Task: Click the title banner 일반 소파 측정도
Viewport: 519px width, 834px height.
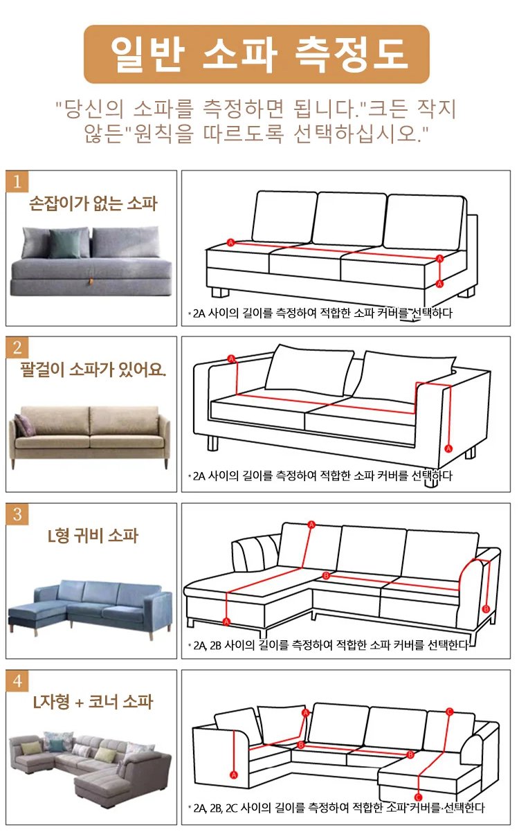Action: [x=257, y=55]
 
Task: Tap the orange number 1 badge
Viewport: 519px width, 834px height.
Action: [x=17, y=182]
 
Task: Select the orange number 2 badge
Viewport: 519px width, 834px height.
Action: [x=17, y=347]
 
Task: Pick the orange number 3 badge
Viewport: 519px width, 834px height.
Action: [x=17, y=514]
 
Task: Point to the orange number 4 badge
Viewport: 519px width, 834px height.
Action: [x=17, y=681]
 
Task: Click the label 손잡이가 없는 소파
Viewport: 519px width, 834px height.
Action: [x=93, y=203]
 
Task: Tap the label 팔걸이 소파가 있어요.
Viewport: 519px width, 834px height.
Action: [x=93, y=370]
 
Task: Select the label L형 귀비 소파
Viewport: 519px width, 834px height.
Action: [x=93, y=536]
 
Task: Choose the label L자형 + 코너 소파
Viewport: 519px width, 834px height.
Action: [x=93, y=702]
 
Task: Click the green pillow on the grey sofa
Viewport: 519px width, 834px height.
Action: [x=65, y=243]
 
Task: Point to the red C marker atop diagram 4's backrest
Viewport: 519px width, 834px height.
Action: [x=449, y=712]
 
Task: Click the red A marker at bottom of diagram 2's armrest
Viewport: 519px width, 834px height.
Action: [x=448, y=448]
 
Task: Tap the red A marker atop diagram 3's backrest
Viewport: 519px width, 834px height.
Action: [x=311, y=525]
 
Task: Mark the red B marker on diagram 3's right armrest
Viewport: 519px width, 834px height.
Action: [x=486, y=609]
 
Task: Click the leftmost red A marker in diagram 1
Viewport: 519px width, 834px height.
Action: [x=230, y=242]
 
